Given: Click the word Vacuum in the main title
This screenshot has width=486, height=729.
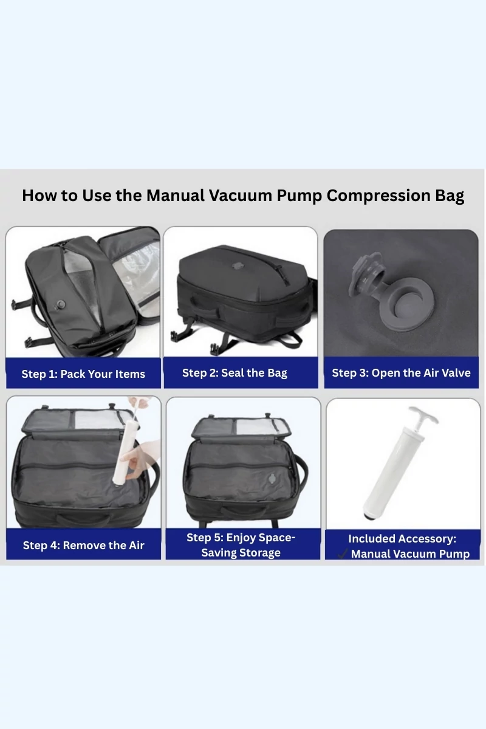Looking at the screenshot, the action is tap(240, 196).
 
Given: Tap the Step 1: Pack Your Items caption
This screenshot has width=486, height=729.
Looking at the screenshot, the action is tap(83, 374).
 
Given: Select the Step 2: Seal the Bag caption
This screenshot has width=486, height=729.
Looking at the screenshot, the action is tap(234, 373).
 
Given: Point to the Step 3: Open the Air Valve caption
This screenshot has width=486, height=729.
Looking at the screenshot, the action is tap(401, 373).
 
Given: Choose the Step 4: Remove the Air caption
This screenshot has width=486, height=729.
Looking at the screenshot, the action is tap(84, 545).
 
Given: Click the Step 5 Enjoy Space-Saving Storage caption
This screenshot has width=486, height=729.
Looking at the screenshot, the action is tap(241, 545).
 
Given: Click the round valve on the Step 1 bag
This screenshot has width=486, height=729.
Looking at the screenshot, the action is tap(61, 305).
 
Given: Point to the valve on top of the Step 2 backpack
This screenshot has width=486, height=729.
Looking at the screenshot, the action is tap(238, 267).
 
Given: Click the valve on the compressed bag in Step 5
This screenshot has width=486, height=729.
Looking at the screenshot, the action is tap(272, 479).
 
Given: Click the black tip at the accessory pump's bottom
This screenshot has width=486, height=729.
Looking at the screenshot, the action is tap(369, 516).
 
